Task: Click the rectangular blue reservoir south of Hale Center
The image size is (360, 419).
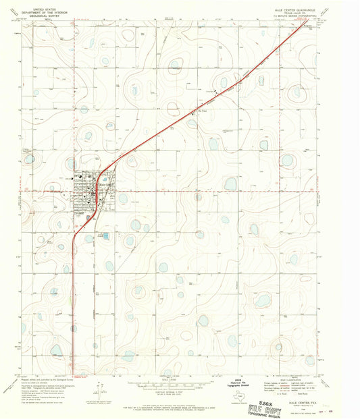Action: (x=105, y=235)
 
